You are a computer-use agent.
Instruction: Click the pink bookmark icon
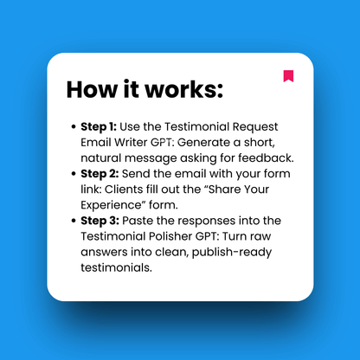tap(288, 76)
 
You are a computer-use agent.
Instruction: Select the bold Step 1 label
tap(99, 126)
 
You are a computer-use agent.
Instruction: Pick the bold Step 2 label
tap(100, 174)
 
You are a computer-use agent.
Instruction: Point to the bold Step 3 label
tap(100, 221)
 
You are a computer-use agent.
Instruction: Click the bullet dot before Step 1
tap(73, 127)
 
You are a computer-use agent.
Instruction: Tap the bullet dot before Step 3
tap(73, 222)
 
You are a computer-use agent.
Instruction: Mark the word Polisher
tap(174, 236)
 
